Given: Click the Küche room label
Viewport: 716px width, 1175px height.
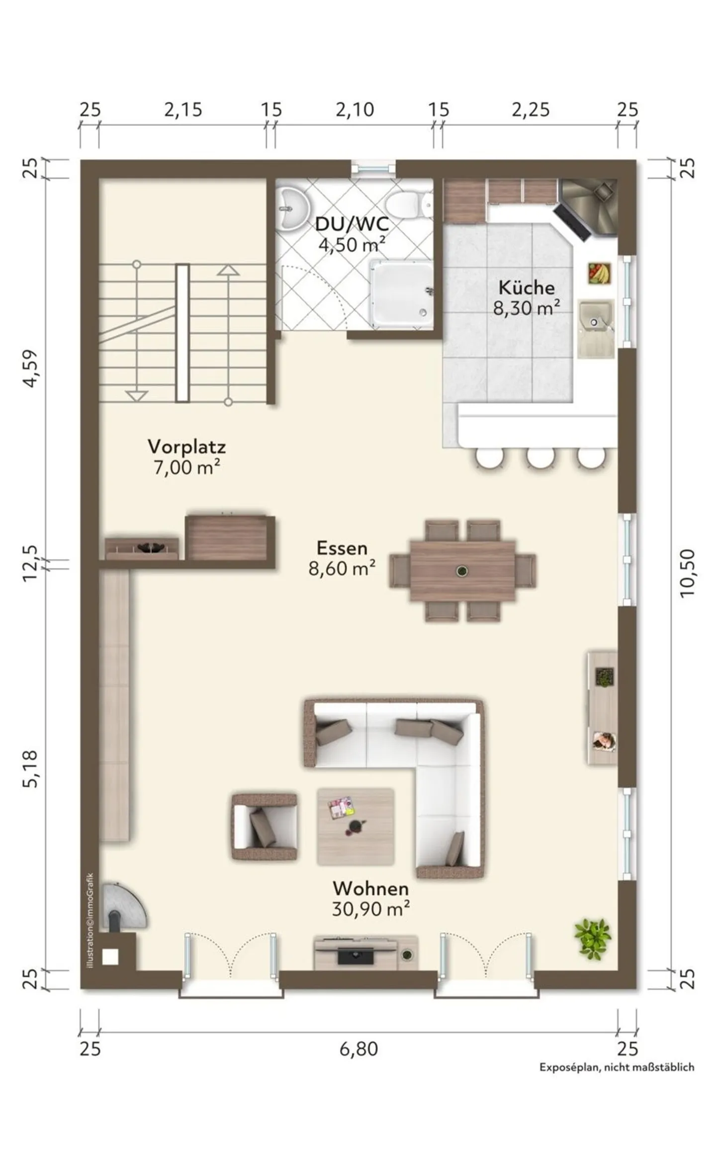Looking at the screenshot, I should (x=526, y=287).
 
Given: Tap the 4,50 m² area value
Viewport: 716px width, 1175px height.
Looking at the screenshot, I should (x=352, y=245).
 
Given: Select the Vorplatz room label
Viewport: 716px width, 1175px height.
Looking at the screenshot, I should (x=186, y=447).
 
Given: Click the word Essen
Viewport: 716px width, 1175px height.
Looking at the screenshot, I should (x=342, y=548).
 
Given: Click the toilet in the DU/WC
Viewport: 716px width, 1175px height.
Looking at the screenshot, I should (x=407, y=204).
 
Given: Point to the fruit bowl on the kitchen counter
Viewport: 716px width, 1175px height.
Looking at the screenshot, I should (x=599, y=273).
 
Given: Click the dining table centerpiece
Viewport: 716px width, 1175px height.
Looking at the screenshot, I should (x=462, y=571).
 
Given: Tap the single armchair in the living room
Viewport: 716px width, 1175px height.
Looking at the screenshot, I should (x=265, y=826).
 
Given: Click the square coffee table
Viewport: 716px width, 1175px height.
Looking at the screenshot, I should (x=356, y=826).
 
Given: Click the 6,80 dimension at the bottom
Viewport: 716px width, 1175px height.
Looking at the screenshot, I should (x=358, y=1049).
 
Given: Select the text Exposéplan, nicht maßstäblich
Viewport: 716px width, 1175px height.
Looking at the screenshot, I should (x=617, y=1068).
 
